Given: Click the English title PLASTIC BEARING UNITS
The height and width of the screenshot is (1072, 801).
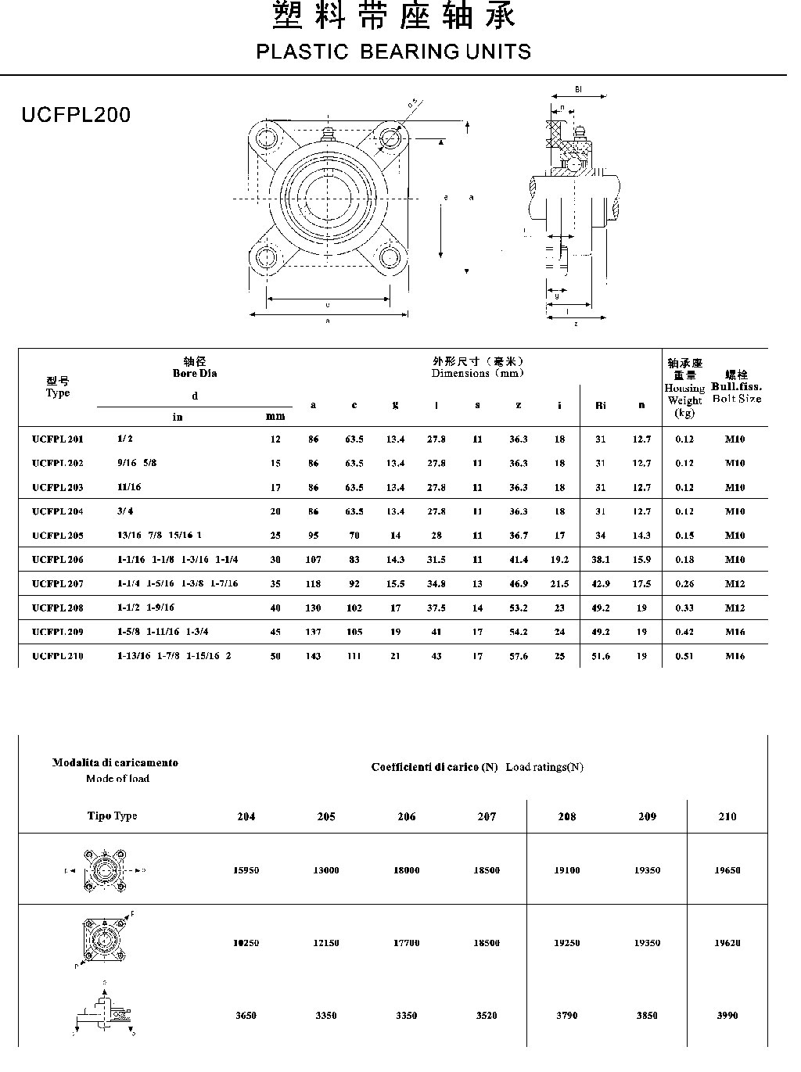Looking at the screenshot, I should click(x=393, y=52).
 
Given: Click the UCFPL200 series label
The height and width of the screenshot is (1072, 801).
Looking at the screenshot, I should click(x=76, y=115).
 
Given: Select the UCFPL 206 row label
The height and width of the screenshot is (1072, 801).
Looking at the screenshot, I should click(x=58, y=560).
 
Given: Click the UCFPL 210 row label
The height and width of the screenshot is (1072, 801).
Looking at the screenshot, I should click(x=58, y=656).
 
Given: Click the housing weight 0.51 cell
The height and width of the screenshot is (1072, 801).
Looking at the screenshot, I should click(x=684, y=656).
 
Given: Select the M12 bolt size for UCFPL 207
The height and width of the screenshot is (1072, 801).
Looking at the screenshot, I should click(x=735, y=583).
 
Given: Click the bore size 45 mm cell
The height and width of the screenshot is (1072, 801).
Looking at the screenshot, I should click(x=275, y=632).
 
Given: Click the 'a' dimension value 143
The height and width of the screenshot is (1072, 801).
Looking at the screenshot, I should click(x=313, y=656).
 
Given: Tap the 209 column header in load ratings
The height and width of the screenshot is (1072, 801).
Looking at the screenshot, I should click(x=647, y=816).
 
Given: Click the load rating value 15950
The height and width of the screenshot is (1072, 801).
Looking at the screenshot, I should click(x=246, y=870).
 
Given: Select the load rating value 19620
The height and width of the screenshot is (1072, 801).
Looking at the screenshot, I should click(x=727, y=943).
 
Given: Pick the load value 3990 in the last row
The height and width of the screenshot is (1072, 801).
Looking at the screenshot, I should click(x=727, y=1016).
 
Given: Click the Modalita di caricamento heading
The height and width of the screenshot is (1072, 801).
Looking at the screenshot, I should click(x=115, y=762).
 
